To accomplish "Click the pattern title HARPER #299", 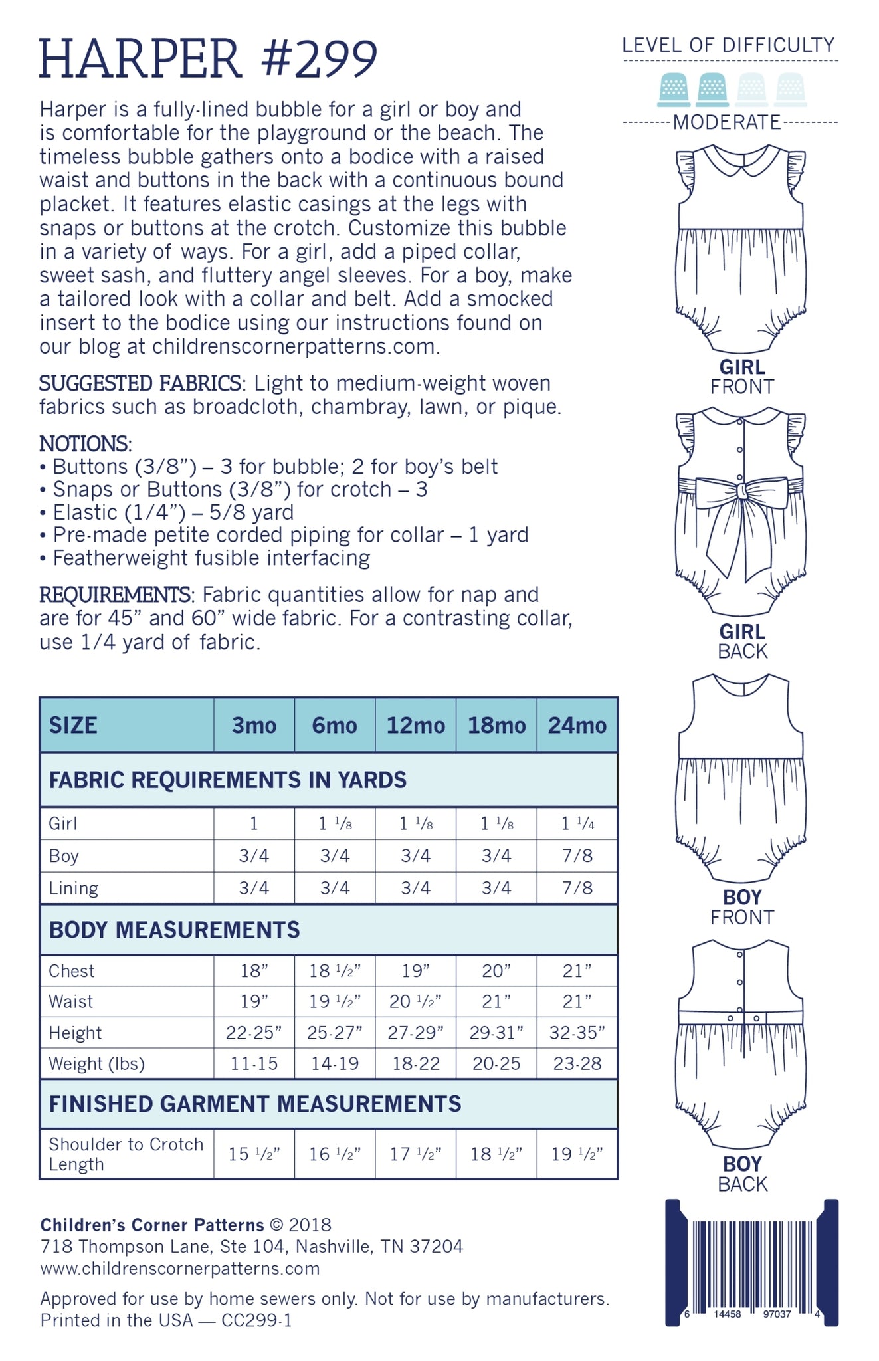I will point(208,59).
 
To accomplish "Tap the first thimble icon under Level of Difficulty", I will point(674,90).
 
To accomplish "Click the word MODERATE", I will point(727,122).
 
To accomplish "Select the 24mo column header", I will point(577,725).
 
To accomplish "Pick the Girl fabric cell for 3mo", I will point(254,824).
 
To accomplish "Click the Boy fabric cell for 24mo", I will point(577,856).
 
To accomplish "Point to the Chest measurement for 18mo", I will point(496,971).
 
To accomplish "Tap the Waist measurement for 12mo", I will point(415,1001).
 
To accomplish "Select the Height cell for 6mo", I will point(335,1033).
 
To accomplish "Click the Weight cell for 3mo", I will point(254,1064).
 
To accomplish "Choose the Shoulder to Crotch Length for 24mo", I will point(577,1154).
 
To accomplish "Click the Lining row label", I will point(73,888).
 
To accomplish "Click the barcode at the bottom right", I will point(751,1266).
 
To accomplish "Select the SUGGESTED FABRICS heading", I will point(140,383).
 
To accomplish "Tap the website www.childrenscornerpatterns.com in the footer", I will point(179,1269).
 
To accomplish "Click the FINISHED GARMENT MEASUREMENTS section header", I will point(254,1104).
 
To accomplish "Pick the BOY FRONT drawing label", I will point(741,907).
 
